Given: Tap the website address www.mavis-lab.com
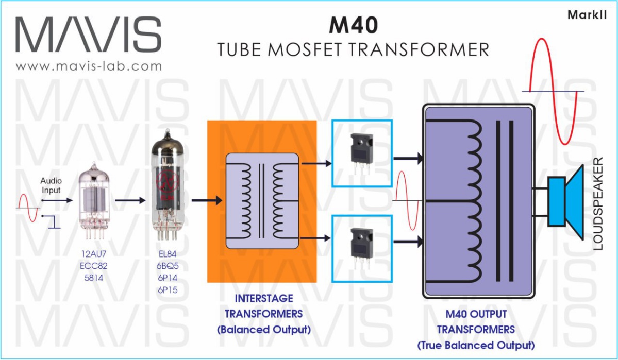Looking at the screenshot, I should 89,66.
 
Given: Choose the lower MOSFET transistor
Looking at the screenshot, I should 362,245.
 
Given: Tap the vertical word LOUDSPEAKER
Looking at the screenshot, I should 598,204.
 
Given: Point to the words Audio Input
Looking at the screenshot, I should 51,186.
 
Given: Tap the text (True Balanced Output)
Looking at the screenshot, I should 476,345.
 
